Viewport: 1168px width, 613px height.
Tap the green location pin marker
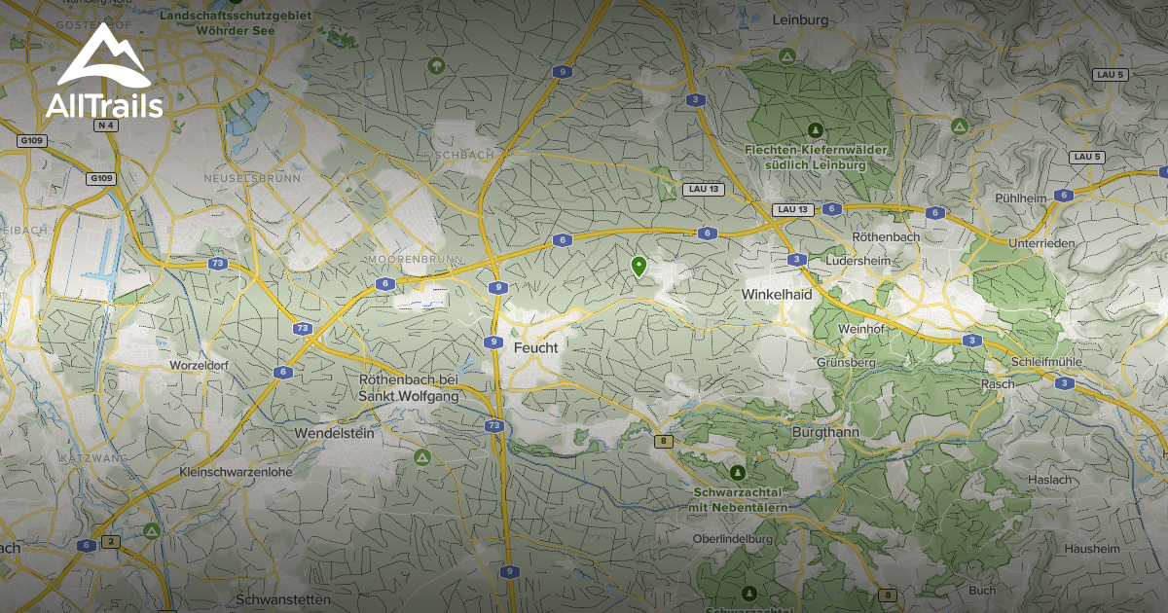click(x=639, y=267)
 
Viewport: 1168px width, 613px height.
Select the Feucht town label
click(x=535, y=347)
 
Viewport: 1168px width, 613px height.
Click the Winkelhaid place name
click(x=776, y=293)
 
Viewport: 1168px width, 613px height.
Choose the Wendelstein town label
click(x=334, y=434)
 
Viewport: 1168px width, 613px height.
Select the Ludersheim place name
click(x=856, y=261)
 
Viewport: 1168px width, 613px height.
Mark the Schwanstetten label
click(x=283, y=598)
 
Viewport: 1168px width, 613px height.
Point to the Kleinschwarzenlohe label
click(x=236, y=472)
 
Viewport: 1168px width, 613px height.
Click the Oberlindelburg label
click(x=733, y=539)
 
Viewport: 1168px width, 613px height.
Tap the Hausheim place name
click(x=1092, y=549)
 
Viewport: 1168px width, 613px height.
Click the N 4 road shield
click(x=106, y=126)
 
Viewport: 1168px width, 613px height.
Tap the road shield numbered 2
click(x=110, y=541)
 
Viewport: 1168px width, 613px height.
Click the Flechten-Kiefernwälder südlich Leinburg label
click(x=804, y=158)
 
